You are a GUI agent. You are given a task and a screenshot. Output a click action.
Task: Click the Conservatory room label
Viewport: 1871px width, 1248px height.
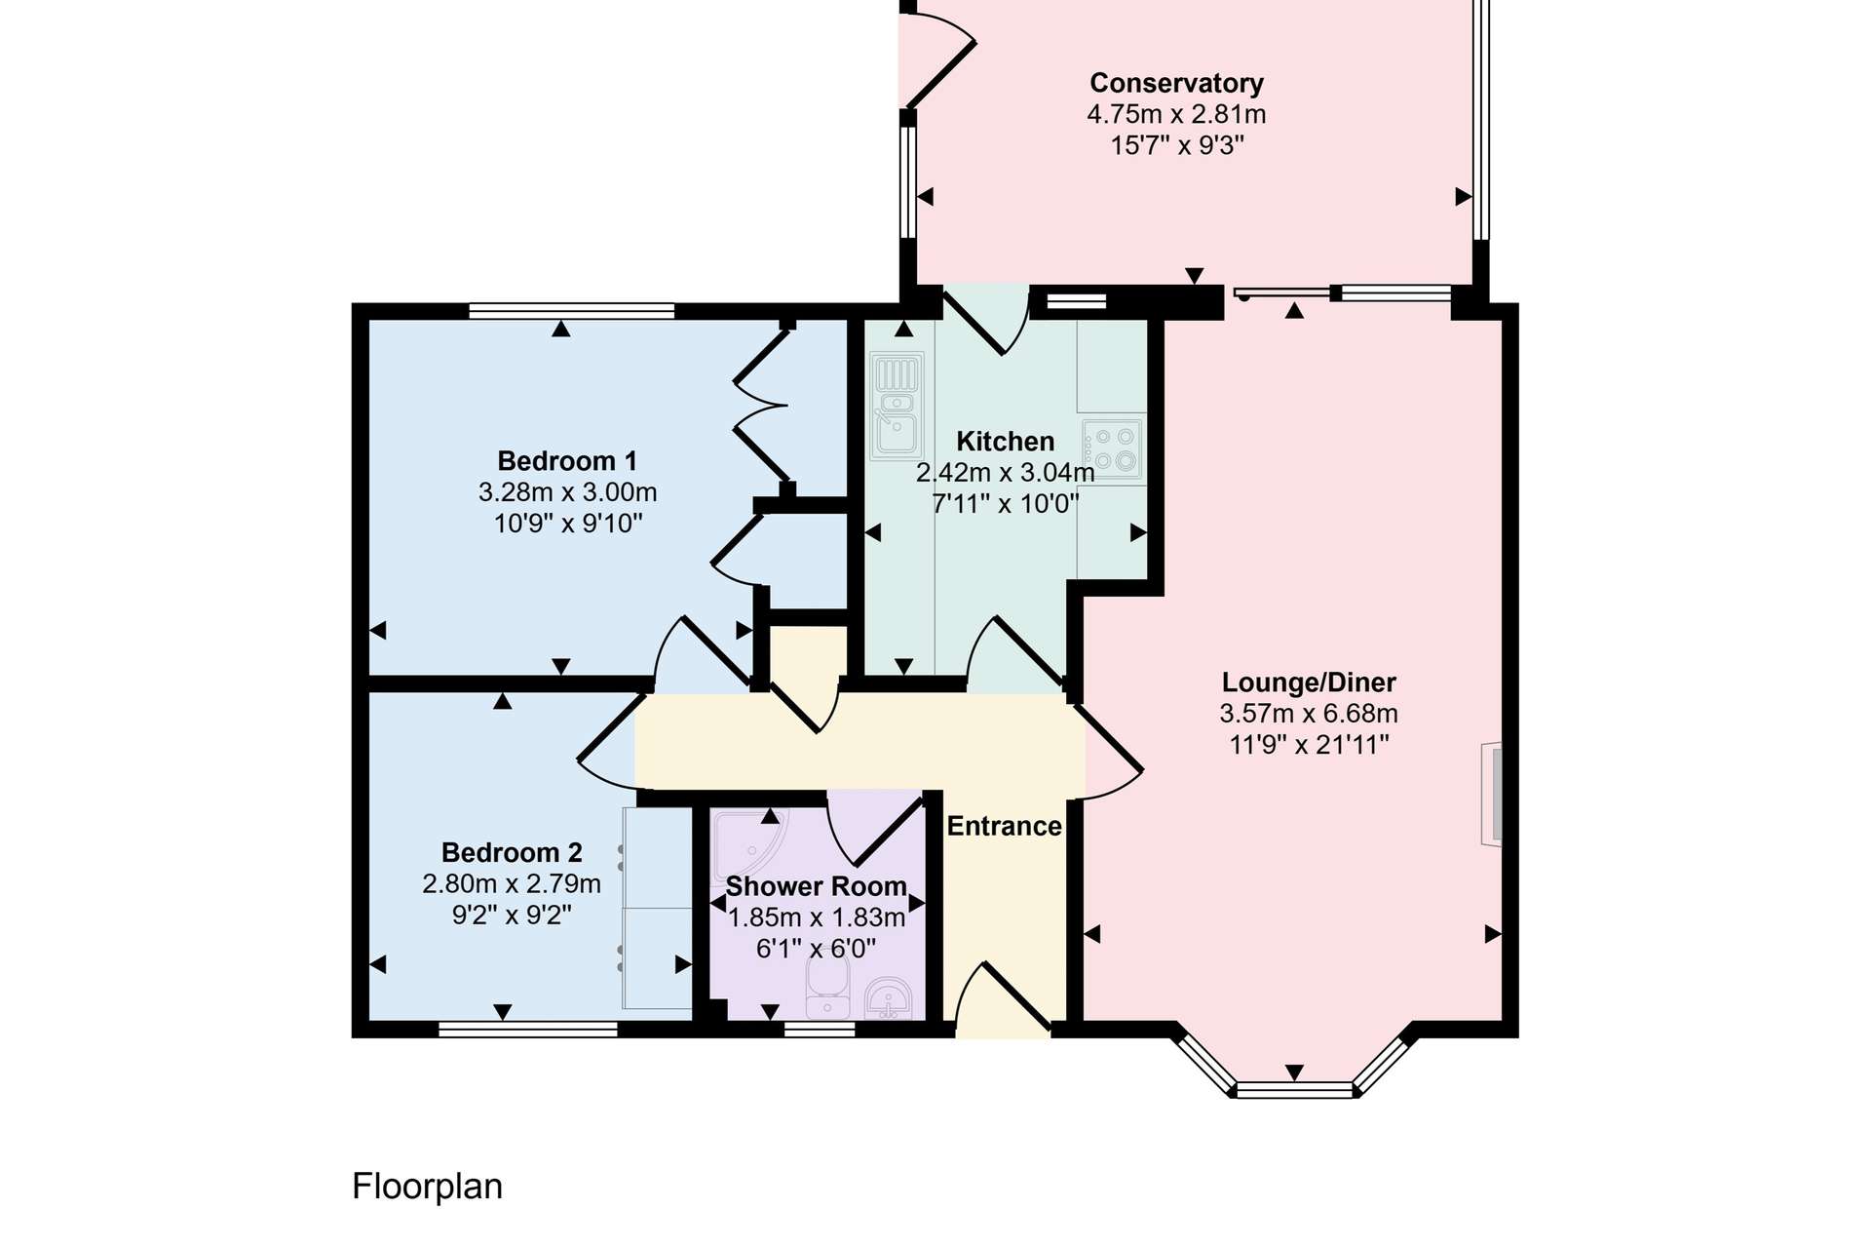point(1176,83)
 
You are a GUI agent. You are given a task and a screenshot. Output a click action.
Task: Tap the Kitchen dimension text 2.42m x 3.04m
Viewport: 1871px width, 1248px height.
point(1005,473)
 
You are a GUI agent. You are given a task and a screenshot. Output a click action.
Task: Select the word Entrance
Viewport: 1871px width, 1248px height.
point(1004,826)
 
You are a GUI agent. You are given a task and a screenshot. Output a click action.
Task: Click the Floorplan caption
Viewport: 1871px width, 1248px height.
point(427,1187)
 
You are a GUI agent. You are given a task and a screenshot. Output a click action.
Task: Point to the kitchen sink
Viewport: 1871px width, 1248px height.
point(897,406)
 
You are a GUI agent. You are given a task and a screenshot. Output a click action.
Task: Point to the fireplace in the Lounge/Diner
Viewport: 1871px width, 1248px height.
point(1492,794)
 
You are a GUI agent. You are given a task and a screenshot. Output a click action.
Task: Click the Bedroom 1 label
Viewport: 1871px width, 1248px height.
point(567,460)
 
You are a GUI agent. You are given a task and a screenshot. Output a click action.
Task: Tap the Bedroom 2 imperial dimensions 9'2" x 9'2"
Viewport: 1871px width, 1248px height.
point(512,916)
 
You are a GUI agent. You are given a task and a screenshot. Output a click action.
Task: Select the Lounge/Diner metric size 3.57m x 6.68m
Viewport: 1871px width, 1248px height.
point(1309,714)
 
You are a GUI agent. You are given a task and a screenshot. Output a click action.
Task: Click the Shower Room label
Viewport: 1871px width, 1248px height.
point(816,886)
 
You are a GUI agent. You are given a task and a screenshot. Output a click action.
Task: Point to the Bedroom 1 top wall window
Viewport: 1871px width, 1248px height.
point(571,311)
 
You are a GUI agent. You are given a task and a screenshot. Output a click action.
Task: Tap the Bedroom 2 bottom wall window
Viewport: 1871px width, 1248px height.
point(528,1029)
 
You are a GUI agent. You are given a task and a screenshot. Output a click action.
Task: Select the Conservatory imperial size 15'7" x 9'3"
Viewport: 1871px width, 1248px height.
point(1177,145)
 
